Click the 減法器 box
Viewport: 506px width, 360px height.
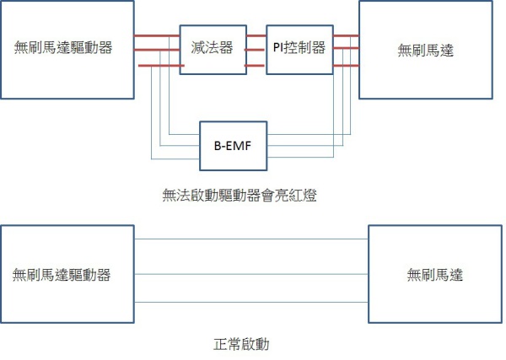pos(211,50)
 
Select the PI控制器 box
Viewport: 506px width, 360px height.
pos(299,50)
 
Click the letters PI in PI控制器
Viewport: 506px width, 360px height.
pos(278,48)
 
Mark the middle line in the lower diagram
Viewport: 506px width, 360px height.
pos(251,273)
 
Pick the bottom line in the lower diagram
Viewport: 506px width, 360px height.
pos(251,303)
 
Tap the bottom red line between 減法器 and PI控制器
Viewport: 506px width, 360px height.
pos(255,65)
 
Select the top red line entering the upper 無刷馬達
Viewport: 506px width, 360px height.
pos(346,35)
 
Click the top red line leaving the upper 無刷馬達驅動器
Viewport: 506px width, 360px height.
pos(157,35)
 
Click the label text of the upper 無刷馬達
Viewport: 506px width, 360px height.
pos(426,50)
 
